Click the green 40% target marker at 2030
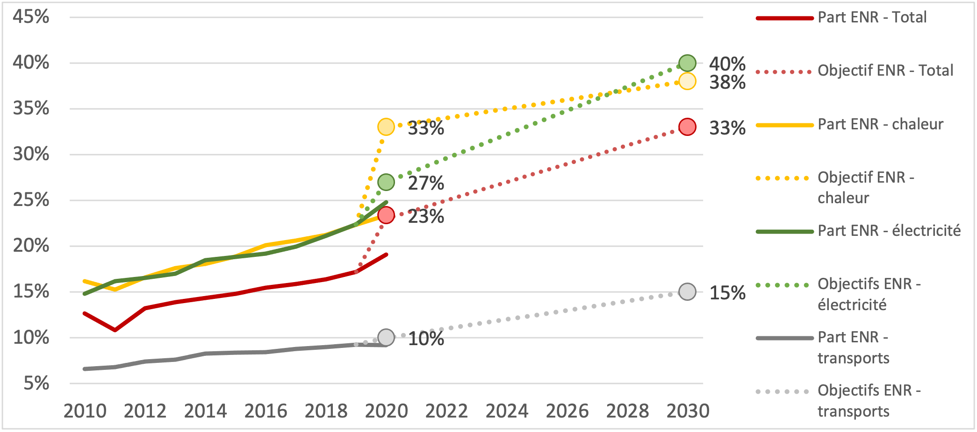(x=687, y=63)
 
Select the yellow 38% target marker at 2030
(x=687, y=81)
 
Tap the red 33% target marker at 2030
(x=687, y=127)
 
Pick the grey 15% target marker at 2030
(x=687, y=292)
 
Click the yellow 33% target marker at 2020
(x=386, y=127)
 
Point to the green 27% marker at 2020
(x=386, y=182)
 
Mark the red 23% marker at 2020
(x=386, y=215)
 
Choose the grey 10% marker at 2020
(x=386, y=337)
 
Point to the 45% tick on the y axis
(x=31, y=17)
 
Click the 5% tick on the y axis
(x=36, y=383)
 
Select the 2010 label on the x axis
(x=85, y=411)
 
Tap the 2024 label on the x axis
(x=507, y=411)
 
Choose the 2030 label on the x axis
(x=688, y=411)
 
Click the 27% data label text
(x=426, y=183)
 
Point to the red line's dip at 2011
(x=115, y=330)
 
